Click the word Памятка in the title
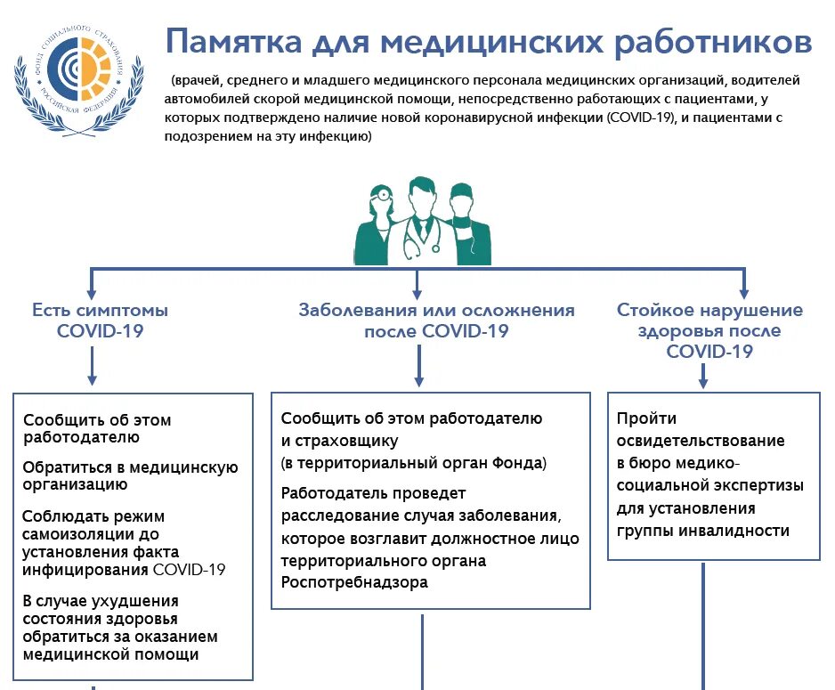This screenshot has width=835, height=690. click(232, 42)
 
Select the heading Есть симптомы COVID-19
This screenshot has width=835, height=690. click(101, 321)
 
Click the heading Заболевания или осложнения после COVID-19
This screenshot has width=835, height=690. click(436, 321)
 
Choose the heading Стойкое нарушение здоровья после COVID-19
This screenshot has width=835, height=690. click(709, 330)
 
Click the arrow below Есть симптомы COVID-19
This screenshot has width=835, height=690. click(93, 365)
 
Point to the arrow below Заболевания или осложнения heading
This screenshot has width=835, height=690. click(419, 365)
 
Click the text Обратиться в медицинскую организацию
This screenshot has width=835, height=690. click(130, 475)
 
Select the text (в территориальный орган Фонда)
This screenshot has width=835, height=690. click(414, 463)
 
